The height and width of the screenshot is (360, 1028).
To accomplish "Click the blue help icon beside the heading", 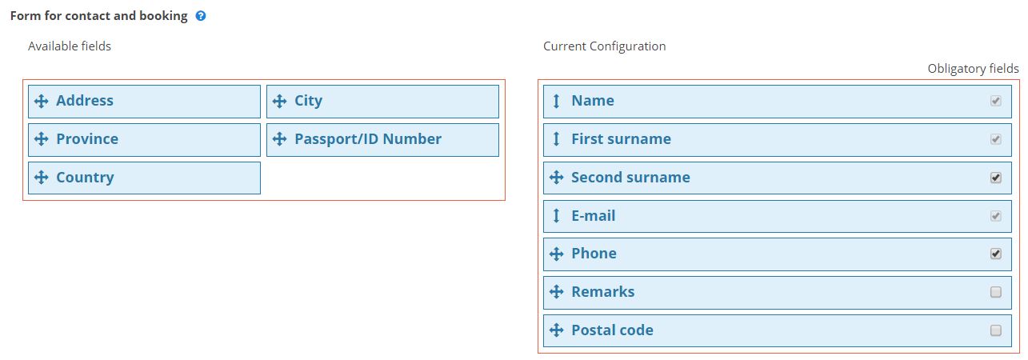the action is pos(201,16).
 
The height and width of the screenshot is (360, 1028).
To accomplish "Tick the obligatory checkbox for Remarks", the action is pos(995,292).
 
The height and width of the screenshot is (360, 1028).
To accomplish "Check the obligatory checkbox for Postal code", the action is pos(995,330).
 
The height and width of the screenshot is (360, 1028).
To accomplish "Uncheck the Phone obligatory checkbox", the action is pos(995,254).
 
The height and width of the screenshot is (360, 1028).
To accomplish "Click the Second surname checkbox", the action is pos(995,178).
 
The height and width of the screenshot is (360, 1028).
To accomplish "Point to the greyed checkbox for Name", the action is pos(995,101).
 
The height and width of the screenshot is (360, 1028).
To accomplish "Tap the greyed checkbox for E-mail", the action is pos(995,216).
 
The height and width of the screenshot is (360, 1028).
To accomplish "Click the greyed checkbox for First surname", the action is pos(995,139).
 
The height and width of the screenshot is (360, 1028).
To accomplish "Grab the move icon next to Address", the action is pos(42,101).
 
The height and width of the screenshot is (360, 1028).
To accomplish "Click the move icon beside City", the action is pos(279,101).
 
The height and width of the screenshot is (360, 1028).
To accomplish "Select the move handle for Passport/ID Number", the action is pos(279,139).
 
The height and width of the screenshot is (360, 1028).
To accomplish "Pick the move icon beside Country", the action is pos(42,178).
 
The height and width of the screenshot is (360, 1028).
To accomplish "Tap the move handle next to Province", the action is pos(42,139).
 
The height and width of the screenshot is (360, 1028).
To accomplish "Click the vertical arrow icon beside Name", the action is pos(556,101).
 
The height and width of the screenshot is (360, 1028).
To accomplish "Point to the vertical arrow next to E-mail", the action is pos(556,216).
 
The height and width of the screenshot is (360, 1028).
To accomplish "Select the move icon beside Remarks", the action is pos(556,292).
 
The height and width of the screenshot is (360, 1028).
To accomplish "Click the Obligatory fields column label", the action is pos(973,69).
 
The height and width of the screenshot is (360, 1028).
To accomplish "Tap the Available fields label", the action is pos(70,46).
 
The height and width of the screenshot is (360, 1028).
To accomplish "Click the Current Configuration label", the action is pos(605,46).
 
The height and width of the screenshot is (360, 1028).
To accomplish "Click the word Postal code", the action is pos(612,330).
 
